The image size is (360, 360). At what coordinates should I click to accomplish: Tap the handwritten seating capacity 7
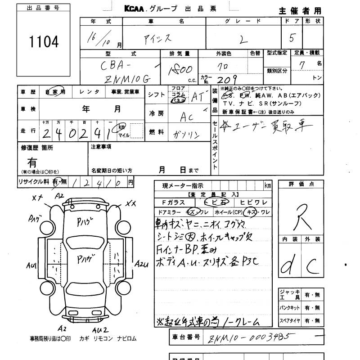pos(301,65)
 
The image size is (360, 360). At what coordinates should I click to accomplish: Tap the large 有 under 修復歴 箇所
pos(32,162)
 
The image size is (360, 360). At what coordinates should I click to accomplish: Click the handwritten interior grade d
pos(287,267)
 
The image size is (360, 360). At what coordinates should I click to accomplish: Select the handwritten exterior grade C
pos(311,266)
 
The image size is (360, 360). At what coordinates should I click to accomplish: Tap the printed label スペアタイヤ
pos(290,321)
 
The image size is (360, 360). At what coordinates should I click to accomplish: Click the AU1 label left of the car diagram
pos(31,265)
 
